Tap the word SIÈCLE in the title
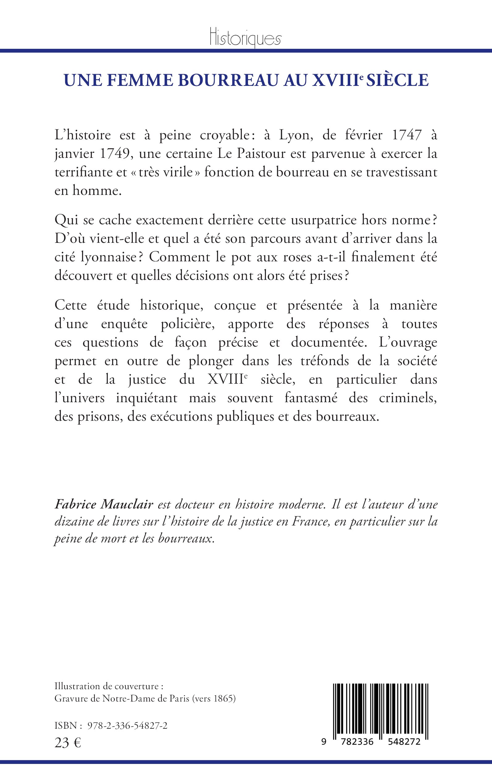397,80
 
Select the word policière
188,324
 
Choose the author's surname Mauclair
127,504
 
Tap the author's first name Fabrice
75,504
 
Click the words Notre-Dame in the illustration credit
129,699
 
